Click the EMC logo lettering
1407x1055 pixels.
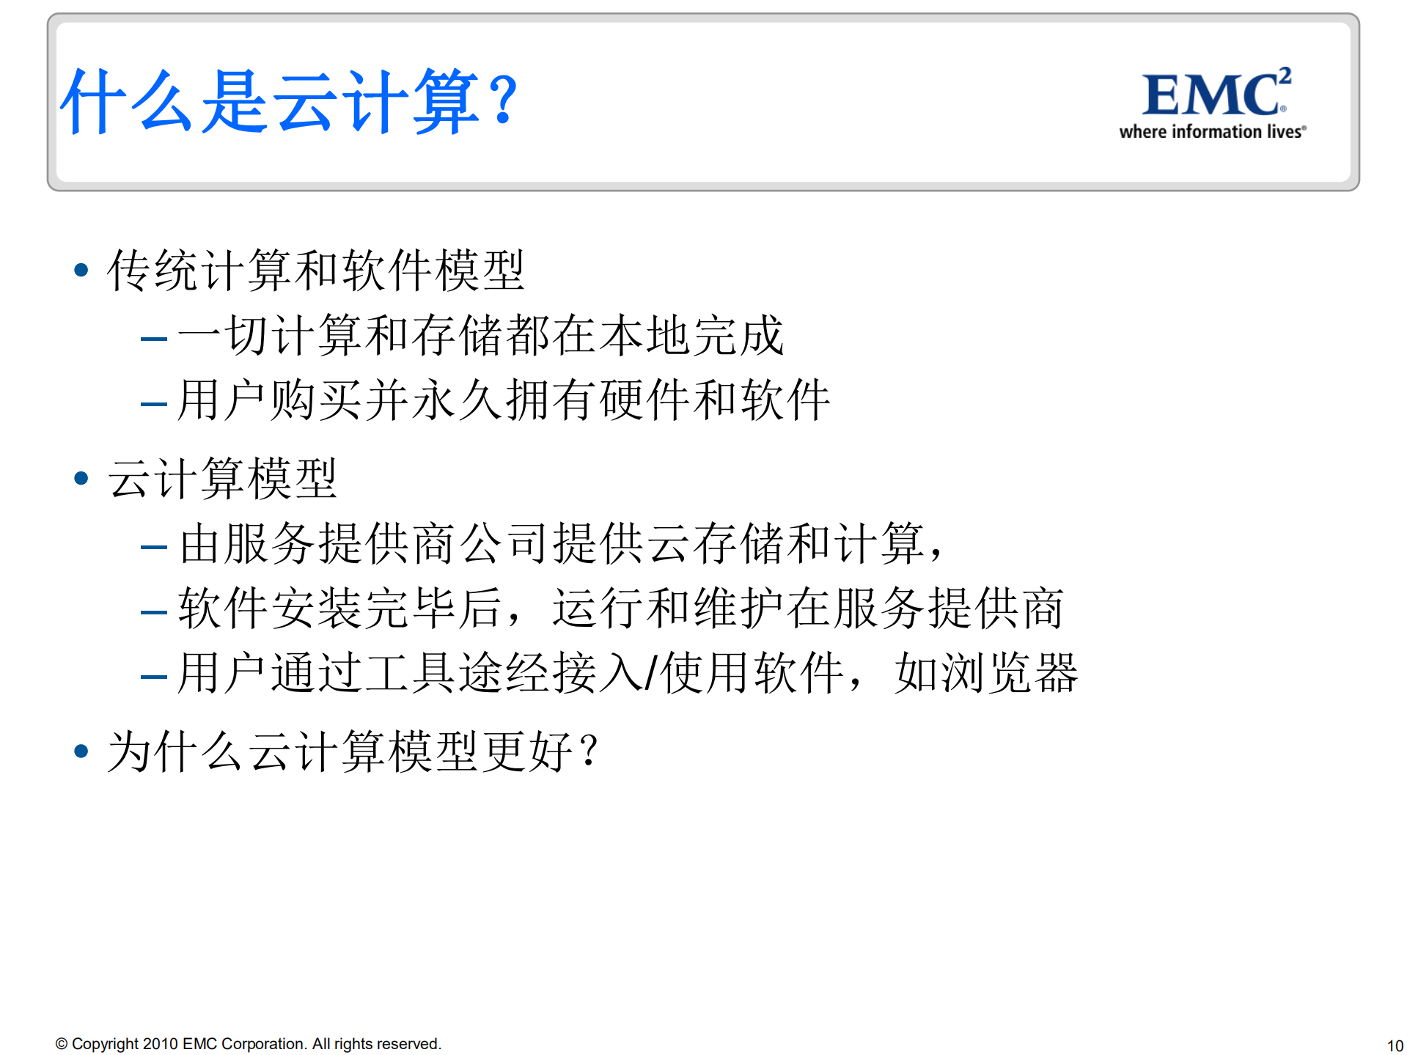pyautogui.click(x=1210, y=95)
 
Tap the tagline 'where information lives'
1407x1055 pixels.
pyautogui.click(x=1211, y=132)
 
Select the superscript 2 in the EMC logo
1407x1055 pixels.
pyautogui.click(x=1285, y=76)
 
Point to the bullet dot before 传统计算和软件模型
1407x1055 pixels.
pyautogui.click(x=81, y=270)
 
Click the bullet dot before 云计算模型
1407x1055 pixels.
pyautogui.click(x=81, y=478)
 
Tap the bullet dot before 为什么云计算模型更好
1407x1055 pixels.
pyautogui.click(x=81, y=751)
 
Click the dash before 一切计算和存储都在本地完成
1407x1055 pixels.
pyautogui.click(x=154, y=339)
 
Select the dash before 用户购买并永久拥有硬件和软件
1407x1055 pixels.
pyautogui.click(x=154, y=403)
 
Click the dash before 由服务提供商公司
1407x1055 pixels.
pyautogui.click(x=154, y=547)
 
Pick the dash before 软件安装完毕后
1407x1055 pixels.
pyautogui.click(x=154, y=611)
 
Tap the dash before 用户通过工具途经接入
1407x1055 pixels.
pyautogui.click(x=154, y=676)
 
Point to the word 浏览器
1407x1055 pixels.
pyautogui.click(x=986, y=673)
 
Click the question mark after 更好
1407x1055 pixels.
pyautogui.click(x=588, y=751)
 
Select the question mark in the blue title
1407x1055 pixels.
pyautogui.click(x=504, y=100)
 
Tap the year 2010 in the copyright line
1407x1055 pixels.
pyautogui.click(x=160, y=1043)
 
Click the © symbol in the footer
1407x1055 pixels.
pyautogui.click(x=62, y=1044)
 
